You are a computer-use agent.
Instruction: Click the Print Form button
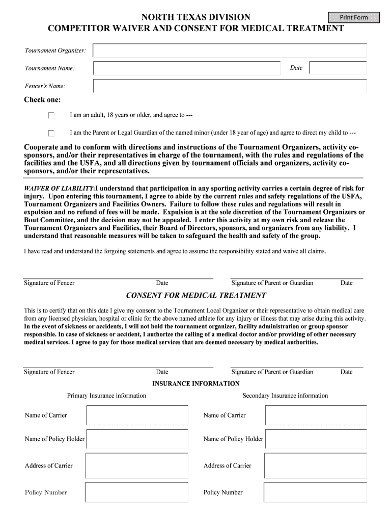click(x=354, y=17)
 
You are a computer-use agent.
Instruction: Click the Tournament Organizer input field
click(x=230, y=50)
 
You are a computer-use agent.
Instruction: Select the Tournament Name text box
click(x=187, y=68)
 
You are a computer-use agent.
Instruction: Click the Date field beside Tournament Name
click(x=338, y=68)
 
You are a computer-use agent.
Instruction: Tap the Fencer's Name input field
click(x=230, y=86)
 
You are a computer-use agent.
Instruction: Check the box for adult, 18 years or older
click(x=51, y=116)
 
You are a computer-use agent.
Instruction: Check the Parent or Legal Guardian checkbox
click(x=51, y=134)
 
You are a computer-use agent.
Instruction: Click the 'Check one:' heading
click(x=42, y=100)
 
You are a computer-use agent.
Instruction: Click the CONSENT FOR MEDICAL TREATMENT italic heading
click(x=195, y=296)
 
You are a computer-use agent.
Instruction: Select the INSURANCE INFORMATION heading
click(x=195, y=384)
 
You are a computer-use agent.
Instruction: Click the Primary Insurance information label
click(x=106, y=396)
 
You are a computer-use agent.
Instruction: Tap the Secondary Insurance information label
click(x=285, y=396)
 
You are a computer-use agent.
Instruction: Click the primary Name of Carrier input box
click(x=137, y=415)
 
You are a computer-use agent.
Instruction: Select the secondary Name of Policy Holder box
click(x=316, y=439)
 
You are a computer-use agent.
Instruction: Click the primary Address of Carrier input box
click(x=137, y=465)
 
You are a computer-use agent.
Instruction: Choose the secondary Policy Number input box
click(x=316, y=492)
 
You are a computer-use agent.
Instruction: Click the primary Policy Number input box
click(x=137, y=492)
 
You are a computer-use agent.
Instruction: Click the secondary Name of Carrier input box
click(x=316, y=415)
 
